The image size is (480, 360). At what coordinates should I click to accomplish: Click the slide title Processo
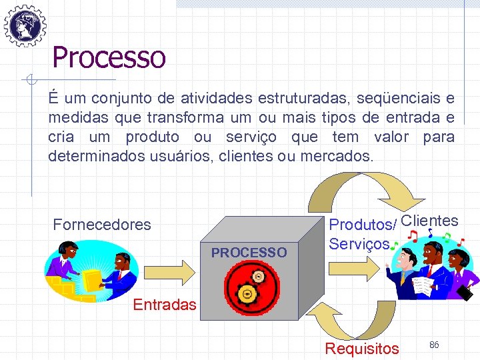(x=109, y=57)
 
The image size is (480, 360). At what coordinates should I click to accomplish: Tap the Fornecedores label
(x=102, y=225)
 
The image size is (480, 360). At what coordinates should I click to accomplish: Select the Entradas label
(x=165, y=305)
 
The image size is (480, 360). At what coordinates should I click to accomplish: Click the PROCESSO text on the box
(x=249, y=253)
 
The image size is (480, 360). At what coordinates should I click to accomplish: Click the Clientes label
(x=430, y=221)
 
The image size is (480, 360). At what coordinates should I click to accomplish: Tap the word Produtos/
(x=364, y=225)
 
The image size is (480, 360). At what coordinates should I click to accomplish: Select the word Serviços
(x=359, y=245)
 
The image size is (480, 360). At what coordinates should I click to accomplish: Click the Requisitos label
(x=361, y=348)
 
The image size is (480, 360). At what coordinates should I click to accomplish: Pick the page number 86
(x=434, y=345)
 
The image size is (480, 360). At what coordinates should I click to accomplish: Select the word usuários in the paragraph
(x=181, y=157)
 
